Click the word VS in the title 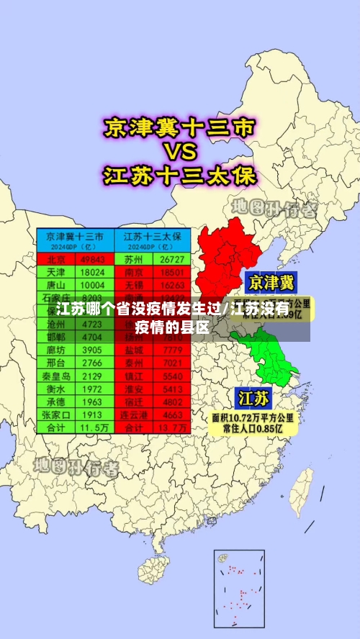point(180,153)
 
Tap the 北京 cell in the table point(56,259)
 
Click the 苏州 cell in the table point(133,259)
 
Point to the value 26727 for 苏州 point(172,259)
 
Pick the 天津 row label point(56,273)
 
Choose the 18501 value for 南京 point(172,273)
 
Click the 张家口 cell point(56,414)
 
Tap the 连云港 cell point(133,414)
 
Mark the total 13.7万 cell point(172,427)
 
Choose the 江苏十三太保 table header point(153,236)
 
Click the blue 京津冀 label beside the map point(271,281)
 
